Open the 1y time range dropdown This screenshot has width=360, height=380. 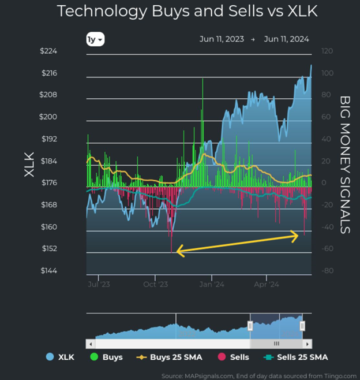pos(95,40)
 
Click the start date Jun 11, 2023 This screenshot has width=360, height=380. pos(222,39)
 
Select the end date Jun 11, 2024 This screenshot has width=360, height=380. pos(286,39)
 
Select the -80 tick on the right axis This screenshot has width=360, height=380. pos(327,271)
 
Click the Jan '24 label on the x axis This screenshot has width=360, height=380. pos(212,284)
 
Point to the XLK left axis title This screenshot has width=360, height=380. pos(29,165)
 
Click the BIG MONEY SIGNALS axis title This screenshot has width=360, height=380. pos(344,165)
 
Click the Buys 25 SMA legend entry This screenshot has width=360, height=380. pos(170,357)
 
